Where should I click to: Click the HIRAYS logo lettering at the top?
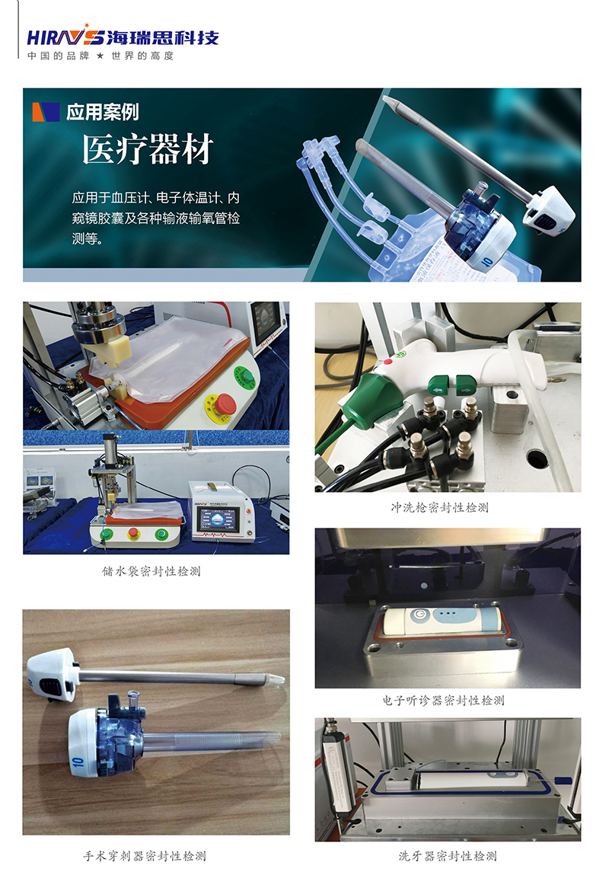point(65,37)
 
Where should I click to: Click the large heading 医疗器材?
point(148,150)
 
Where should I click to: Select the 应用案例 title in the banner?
point(102,113)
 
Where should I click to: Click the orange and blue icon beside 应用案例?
point(46,112)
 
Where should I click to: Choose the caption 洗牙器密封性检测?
point(448,856)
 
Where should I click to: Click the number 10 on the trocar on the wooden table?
point(77,759)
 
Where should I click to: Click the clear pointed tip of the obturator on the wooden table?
point(276,677)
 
